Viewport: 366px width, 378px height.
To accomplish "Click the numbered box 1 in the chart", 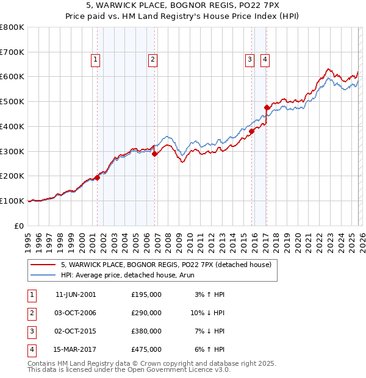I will point(96,59).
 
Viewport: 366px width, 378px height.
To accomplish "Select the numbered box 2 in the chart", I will point(151,59).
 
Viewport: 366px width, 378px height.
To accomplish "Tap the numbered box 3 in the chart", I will point(249,59).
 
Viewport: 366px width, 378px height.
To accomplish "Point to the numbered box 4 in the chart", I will point(265,59).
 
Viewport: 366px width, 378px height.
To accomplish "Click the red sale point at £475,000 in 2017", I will point(267,108).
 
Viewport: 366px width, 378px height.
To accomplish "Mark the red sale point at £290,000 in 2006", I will point(155,154).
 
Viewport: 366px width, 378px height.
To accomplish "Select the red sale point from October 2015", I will point(251,131).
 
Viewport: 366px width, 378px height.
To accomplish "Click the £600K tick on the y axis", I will point(12,77).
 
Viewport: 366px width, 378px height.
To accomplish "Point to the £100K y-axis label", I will point(12,201).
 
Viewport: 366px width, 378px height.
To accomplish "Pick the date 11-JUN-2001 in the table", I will point(76,294).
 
